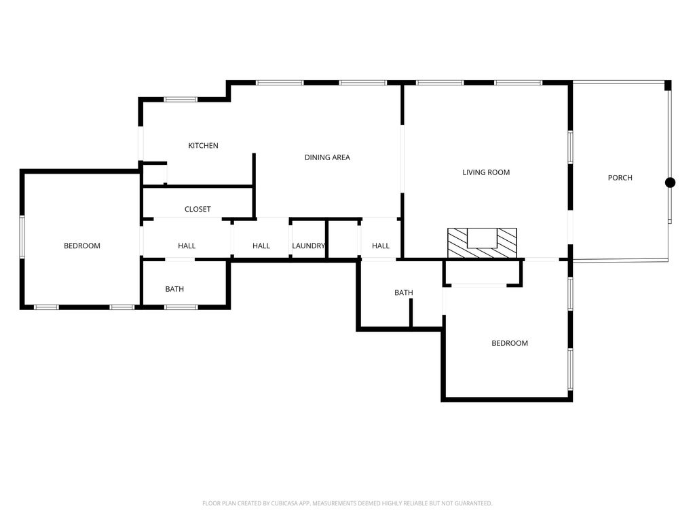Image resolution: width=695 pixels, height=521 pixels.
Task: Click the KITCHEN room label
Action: (x=203, y=146)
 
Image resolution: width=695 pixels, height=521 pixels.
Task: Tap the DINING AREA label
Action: (x=327, y=157)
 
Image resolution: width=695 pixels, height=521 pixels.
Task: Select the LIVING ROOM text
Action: (x=486, y=172)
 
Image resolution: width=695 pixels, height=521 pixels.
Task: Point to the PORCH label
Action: (x=620, y=178)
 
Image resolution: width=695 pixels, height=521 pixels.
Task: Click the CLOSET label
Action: (x=198, y=210)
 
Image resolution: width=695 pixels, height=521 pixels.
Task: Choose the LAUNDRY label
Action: (x=308, y=246)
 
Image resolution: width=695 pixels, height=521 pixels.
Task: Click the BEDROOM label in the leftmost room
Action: (x=82, y=246)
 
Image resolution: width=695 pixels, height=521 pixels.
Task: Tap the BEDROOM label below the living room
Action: (x=509, y=343)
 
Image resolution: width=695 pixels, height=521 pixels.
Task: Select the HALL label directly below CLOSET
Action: (x=187, y=246)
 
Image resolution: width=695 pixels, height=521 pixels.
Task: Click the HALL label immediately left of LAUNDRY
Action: (x=261, y=246)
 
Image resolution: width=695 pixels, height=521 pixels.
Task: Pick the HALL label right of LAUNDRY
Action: (x=381, y=246)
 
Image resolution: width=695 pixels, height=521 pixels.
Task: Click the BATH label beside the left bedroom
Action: (x=174, y=290)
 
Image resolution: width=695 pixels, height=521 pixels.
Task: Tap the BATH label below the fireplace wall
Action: (x=404, y=293)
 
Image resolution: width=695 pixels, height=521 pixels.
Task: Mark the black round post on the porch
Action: (x=670, y=182)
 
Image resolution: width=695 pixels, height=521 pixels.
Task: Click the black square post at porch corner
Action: (x=668, y=85)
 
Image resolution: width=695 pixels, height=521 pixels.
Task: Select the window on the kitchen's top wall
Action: (x=181, y=100)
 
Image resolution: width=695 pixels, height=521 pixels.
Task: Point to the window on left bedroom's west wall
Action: (x=22, y=237)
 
